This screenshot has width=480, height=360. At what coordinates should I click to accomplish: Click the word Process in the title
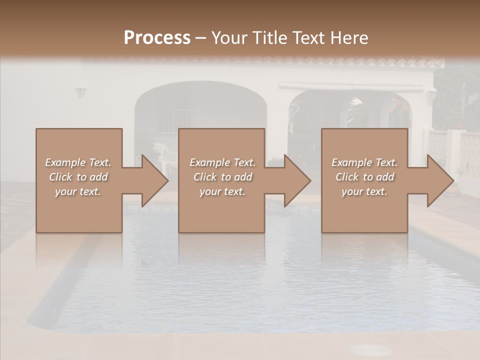pos(157,37)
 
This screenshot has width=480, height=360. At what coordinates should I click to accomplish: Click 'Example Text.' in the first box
pos(78,162)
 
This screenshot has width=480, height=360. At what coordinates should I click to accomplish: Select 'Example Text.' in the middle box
pos(222,162)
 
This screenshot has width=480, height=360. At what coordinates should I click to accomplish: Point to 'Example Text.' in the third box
pos(364,162)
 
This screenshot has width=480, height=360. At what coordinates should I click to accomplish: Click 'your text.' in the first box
pos(78,191)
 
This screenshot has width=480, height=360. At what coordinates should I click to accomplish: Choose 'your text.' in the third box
pos(364,191)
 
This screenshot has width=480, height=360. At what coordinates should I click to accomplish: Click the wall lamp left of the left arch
pos(80,92)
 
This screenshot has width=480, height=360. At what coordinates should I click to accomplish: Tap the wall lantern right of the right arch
pos(432,94)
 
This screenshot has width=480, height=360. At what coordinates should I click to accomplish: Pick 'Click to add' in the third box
pos(364,177)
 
